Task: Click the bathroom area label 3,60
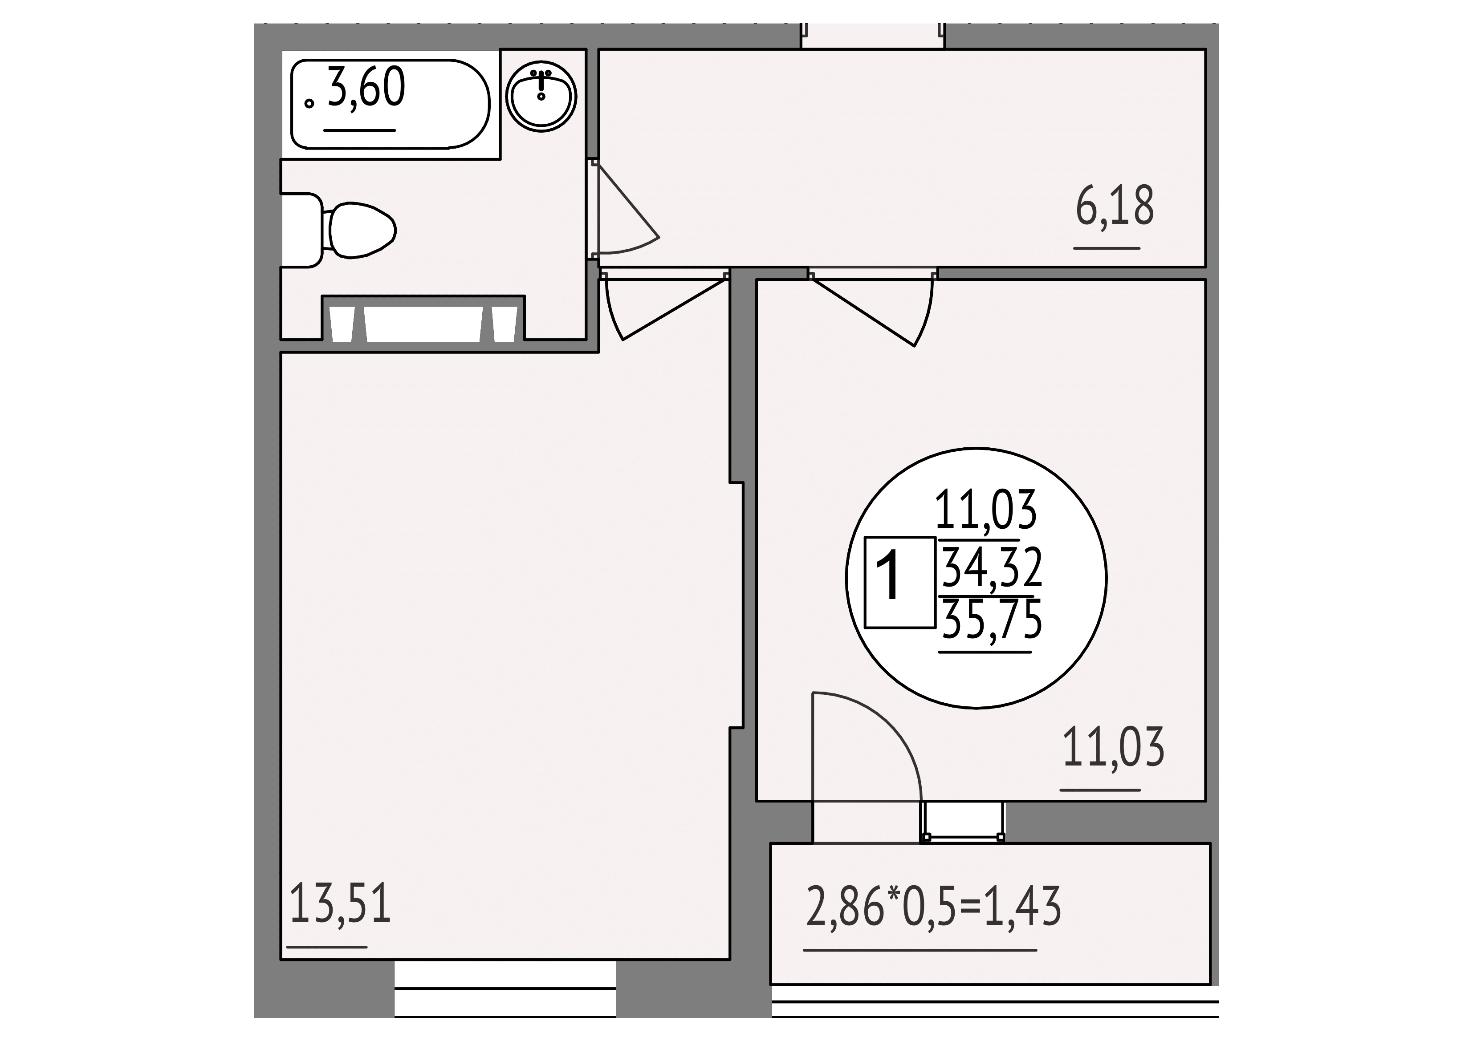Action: click(x=366, y=87)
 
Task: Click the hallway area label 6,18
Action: click(x=1115, y=205)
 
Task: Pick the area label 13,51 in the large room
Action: click(x=340, y=903)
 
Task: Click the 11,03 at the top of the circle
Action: click(x=986, y=510)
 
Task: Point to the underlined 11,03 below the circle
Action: click(x=1113, y=747)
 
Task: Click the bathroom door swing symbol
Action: click(x=626, y=207)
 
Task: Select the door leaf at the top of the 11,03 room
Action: click(x=871, y=309)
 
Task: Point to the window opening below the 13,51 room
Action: click(x=505, y=997)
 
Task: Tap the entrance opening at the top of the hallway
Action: click(x=872, y=36)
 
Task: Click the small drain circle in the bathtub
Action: click(x=309, y=103)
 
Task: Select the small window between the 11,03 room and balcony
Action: click(x=963, y=821)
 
